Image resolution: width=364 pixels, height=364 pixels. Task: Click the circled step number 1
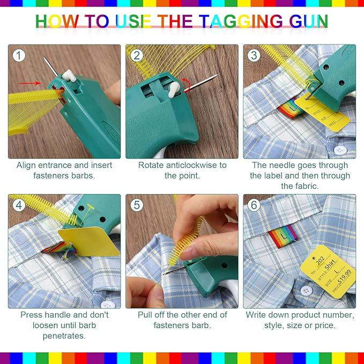20,55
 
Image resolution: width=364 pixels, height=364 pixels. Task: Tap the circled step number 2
137,55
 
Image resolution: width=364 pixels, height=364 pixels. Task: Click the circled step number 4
20,205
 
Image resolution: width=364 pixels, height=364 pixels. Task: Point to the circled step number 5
137,205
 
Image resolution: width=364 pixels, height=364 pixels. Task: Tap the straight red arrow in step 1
33,83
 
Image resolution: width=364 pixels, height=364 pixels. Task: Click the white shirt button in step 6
306,291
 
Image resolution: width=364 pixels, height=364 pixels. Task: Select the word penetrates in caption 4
64,336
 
